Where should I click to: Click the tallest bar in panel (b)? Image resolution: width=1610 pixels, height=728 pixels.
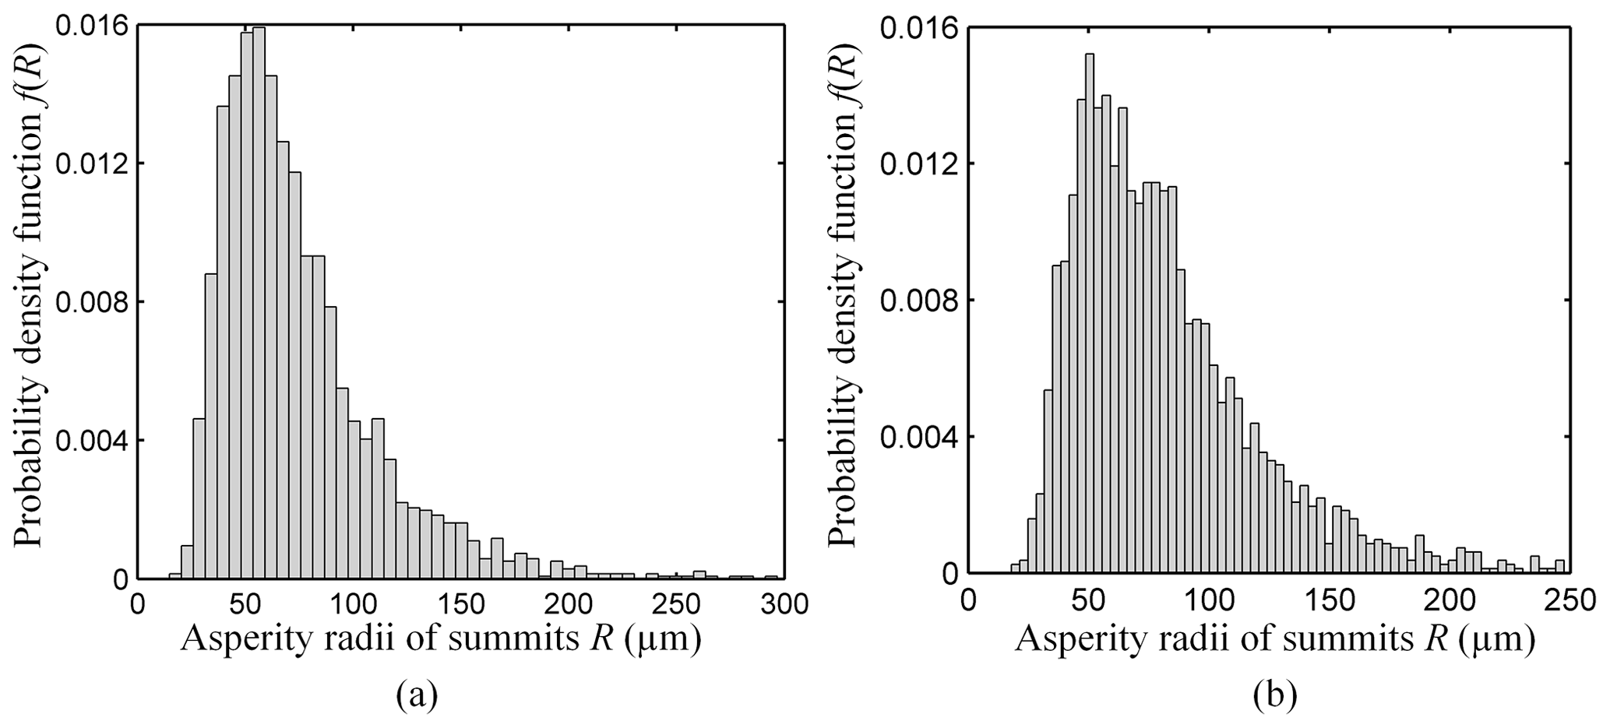[1089, 311]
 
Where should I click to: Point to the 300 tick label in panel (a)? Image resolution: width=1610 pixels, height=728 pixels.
[774, 603]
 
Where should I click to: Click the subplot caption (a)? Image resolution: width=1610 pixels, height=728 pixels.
[417, 693]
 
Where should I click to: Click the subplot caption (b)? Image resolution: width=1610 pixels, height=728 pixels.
[1275, 695]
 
